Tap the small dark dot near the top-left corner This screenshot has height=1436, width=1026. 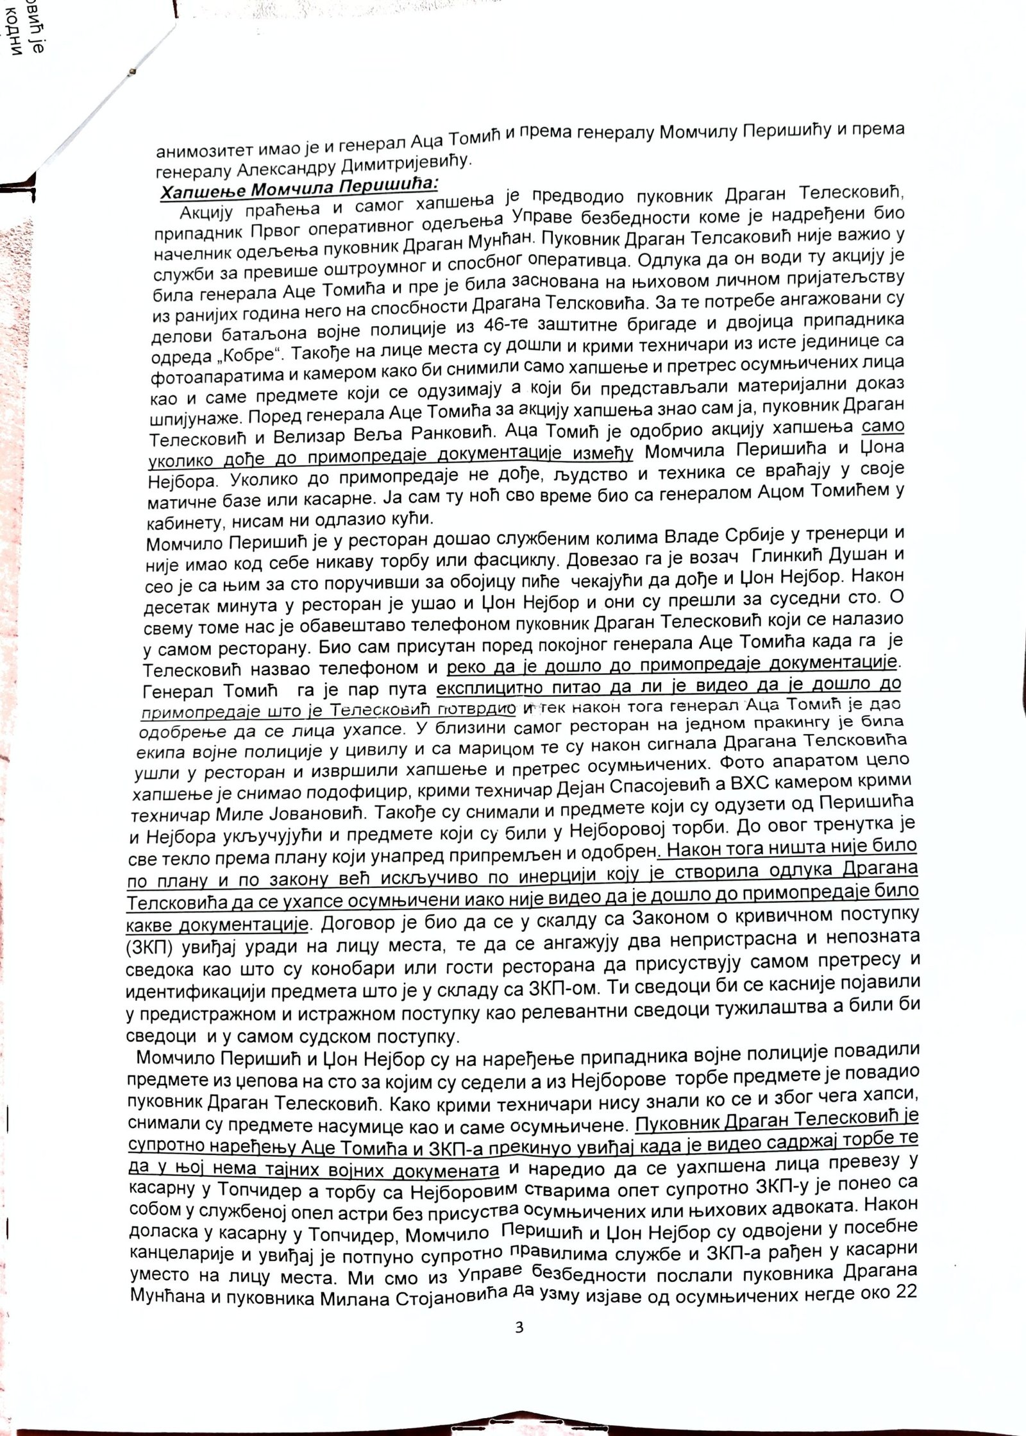pos(133,71)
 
